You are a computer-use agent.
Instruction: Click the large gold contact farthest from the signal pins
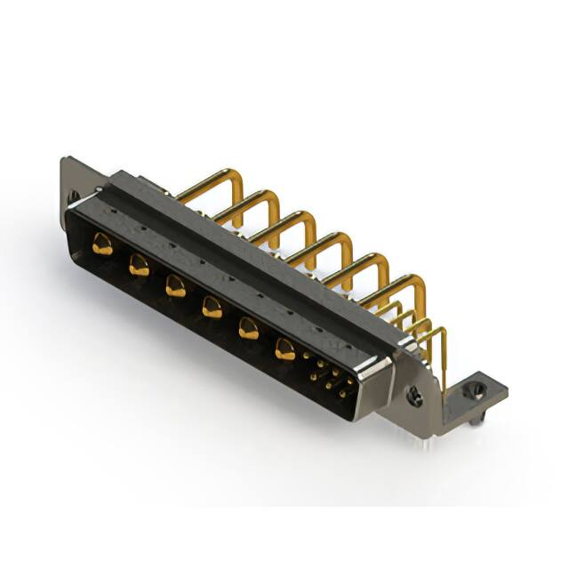pos(103,244)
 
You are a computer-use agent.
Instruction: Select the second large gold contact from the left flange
pos(139,264)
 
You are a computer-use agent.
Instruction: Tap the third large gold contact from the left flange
pos(174,285)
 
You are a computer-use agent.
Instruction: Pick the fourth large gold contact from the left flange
pos(211,307)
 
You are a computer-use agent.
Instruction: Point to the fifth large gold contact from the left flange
pos(247,328)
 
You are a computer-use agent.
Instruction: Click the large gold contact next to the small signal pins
pos(284,349)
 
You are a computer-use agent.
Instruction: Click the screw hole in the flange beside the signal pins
pos(415,397)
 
